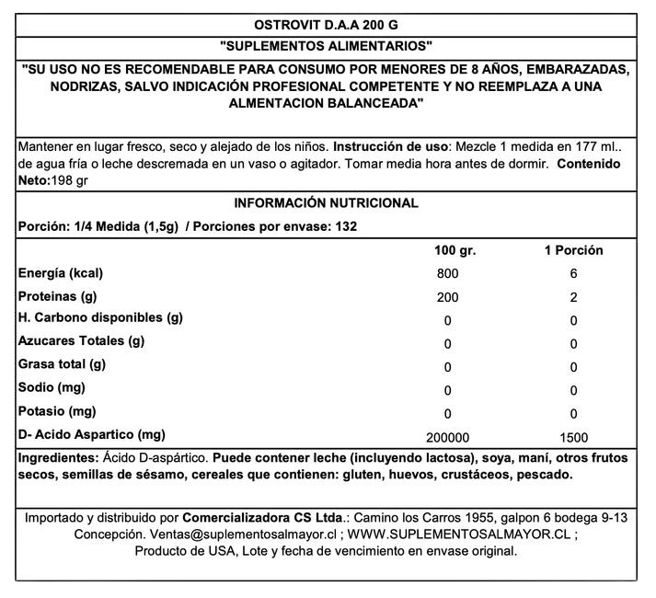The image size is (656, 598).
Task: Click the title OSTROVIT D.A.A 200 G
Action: pos(328,25)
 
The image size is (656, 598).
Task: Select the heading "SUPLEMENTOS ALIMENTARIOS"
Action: pos(328,47)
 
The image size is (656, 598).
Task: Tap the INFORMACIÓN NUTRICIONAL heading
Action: pos(327,203)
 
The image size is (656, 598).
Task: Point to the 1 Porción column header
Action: pos(573,250)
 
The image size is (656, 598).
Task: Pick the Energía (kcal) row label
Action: pos(60,273)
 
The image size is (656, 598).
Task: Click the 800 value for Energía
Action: pos(447,275)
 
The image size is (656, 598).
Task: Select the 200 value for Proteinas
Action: pos(447,298)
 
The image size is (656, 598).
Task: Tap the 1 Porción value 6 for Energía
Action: pos(573,275)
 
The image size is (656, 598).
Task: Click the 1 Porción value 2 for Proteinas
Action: pos(573,298)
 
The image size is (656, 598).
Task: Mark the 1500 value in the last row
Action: pos(573,438)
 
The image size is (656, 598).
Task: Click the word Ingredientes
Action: pos(57,458)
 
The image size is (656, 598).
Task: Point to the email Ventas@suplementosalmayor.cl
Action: pos(242,535)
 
